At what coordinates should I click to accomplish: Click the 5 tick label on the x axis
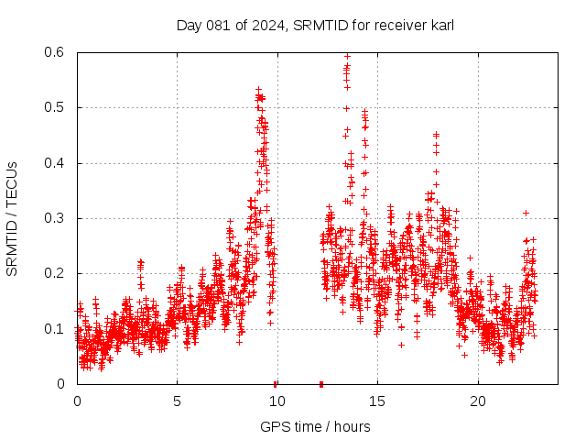[178, 401]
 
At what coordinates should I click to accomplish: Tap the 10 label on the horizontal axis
[277, 401]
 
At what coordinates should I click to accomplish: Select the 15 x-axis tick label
[378, 401]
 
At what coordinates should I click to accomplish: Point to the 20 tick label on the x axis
[478, 401]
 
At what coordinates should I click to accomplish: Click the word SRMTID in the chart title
[314, 25]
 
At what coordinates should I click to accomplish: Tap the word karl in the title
[439, 25]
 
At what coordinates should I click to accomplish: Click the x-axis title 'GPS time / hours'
[315, 426]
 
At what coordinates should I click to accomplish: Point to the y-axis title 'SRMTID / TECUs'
[12, 218]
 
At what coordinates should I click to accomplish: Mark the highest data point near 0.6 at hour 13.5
[347, 56]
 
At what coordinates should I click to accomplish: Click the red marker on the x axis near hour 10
[276, 383]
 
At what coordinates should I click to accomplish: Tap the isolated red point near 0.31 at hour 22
[526, 213]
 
